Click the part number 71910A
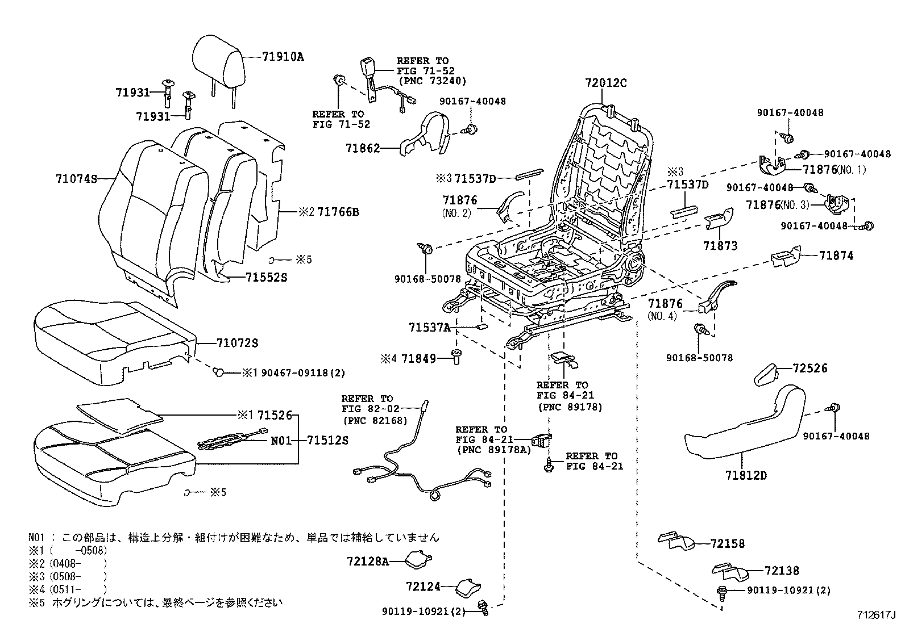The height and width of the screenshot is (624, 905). [x=283, y=56]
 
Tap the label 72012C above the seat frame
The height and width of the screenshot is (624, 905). [x=605, y=83]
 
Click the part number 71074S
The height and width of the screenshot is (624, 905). [x=76, y=179]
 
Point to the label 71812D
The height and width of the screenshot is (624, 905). [x=745, y=475]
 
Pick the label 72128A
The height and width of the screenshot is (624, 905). [x=367, y=562]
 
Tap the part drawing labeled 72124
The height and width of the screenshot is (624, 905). [x=470, y=585]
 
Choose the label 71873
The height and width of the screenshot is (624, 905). [x=720, y=246]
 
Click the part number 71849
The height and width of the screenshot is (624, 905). [x=418, y=358]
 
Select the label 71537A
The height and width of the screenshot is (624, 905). [x=429, y=328]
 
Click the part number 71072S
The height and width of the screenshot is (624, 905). [x=237, y=343]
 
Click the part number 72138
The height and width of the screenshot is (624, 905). [x=782, y=571]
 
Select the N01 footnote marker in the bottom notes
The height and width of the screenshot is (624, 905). [x=35, y=537]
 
